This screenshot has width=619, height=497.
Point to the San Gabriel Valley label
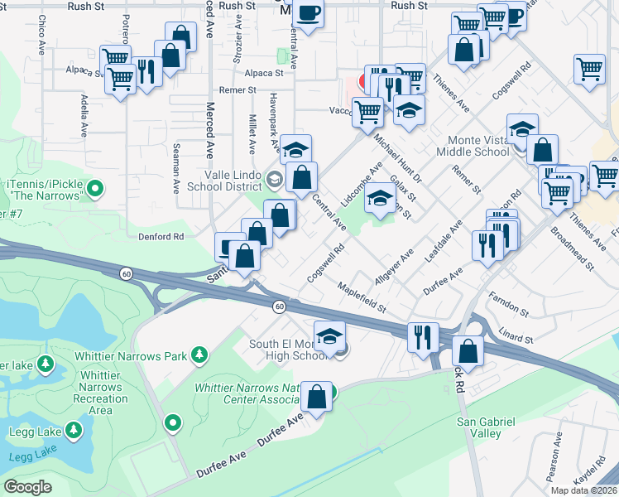[x=486, y=427]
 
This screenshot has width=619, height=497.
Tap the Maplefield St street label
[x=362, y=297]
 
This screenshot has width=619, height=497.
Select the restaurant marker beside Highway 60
[x=423, y=335]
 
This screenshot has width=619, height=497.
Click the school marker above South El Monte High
[x=329, y=335]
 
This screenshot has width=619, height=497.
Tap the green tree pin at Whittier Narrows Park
[x=199, y=355]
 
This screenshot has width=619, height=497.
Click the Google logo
[x=27, y=487]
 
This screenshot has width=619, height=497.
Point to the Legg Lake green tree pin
[x=74, y=430]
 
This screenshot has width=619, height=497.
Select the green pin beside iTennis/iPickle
[x=95, y=189]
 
